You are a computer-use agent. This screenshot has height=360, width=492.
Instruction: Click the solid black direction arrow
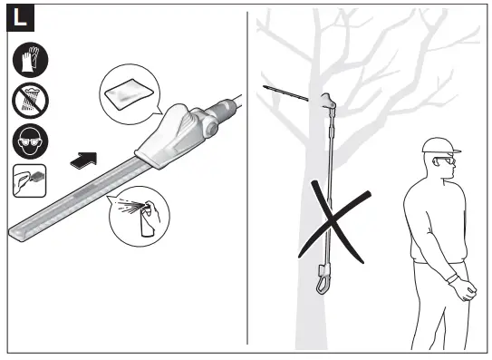[x=82, y=160]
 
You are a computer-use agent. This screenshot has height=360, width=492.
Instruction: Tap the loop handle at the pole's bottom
[x=322, y=277]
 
